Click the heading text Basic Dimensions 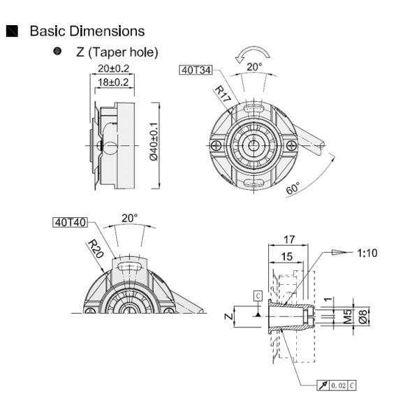pos(87,31)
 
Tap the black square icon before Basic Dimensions pos(12,31)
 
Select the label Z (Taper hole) pos(117,52)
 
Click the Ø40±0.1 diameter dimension pos(154,140)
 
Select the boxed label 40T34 pos(196,70)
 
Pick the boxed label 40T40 pos(70,223)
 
